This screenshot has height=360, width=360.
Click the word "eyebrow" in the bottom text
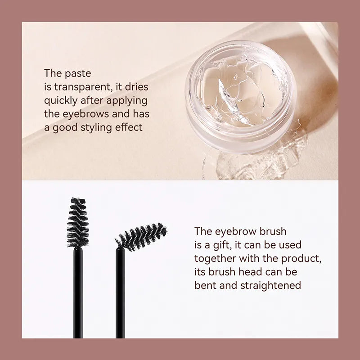[x=232, y=231]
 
